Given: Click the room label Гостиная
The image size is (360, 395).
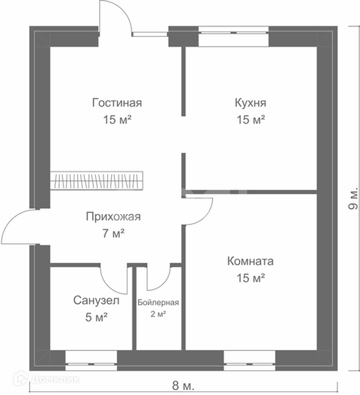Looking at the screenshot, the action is coord(117,103).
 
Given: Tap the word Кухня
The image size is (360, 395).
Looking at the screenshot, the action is coord(251,103).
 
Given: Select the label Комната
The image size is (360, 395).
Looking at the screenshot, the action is coord(251,261).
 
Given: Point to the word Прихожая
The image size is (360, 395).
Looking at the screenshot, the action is coord(113,216).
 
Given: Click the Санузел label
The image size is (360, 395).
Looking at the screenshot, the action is coord(96,300).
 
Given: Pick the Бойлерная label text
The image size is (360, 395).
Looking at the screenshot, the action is coord(158,302).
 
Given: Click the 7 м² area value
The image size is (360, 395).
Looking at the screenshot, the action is coord(113,233).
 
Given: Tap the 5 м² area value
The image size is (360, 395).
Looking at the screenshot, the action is coord(96,317).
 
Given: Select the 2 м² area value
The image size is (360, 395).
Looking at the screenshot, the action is coord(158,314).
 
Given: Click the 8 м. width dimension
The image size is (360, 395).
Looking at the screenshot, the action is coord(183,386).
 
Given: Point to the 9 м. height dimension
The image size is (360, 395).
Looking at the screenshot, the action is coord(353,198).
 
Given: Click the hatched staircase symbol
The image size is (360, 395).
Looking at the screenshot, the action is coord(96,181).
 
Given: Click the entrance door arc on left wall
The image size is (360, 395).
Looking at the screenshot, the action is coord(10,222).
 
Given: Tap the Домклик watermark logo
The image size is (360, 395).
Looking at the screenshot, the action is coord(47,379).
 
